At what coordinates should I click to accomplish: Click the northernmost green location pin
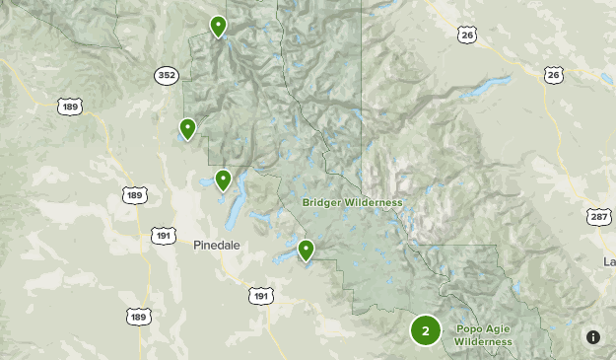point(218,26)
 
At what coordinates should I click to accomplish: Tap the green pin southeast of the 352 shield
point(187,128)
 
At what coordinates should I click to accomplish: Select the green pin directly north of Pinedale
point(224,180)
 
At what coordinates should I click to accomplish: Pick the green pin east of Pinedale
point(306,250)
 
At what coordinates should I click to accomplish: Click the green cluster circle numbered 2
point(425,330)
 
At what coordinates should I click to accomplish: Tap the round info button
point(593,337)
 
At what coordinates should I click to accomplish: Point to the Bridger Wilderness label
point(352,202)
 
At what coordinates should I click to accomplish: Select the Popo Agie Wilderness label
point(483,335)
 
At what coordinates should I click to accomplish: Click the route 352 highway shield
point(166,75)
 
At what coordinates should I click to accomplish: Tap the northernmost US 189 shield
point(69,106)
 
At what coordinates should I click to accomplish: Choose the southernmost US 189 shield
point(139,316)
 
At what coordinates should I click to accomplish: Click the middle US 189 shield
point(135,195)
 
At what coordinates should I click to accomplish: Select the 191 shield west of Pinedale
point(164,235)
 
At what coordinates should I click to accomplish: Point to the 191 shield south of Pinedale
point(260,296)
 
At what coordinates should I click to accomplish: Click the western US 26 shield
point(467,36)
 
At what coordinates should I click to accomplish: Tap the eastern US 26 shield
point(554,75)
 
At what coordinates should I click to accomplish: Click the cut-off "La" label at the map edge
point(609,261)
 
